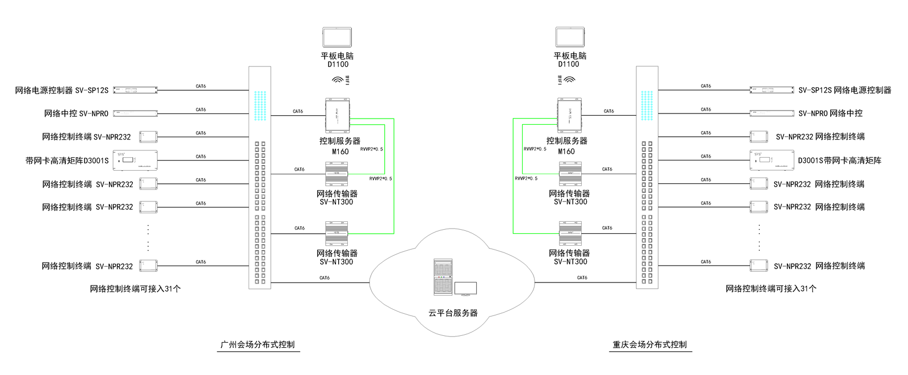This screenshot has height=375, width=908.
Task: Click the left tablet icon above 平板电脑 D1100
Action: pyautogui.click(x=338, y=37)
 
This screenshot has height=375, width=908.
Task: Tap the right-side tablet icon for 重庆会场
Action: pyautogui.click(x=570, y=37)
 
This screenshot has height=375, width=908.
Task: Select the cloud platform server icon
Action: pyautogui.click(x=443, y=277)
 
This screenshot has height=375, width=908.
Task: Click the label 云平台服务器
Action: pyautogui.click(x=453, y=313)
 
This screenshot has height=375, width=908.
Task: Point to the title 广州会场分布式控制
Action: pyautogui.click(x=258, y=344)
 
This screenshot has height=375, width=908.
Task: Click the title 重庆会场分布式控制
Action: pyautogui.click(x=650, y=344)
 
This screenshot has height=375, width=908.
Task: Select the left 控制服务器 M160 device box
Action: pyautogui.click(x=337, y=116)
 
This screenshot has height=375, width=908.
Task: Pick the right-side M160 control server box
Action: pyautogui.click(x=569, y=116)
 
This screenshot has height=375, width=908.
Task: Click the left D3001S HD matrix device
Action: pyautogui.click(x=136, y=161)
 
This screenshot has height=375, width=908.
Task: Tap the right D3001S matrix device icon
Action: pyautogui.click(x=772, y=161)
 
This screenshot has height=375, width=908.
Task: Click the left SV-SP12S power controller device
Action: pyautogui.click(x=135, y=90)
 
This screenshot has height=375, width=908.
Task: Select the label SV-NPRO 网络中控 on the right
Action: pyautogui.click(x=830, y=113)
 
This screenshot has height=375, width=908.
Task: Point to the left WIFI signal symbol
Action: pyautogui.click(x=338, y=80)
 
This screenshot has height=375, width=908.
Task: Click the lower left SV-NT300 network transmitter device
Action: pyautogui.click(x=337, y=233)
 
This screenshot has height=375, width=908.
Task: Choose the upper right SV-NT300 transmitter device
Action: pyautogui.click(x=570, y=174)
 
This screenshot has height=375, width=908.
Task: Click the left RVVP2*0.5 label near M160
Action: pyautogui.click(x=372, y=149)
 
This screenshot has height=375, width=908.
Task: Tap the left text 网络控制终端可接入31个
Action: pyautogui.click(x=135, y=289)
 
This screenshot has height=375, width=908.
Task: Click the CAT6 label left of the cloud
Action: pyautogui.click(x=325, y=278)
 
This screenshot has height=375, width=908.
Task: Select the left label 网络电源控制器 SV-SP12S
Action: pyautogui.click(x=61, y=90)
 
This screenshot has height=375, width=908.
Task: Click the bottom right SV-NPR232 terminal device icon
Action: pyautogui.click(x=759, y=266)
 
